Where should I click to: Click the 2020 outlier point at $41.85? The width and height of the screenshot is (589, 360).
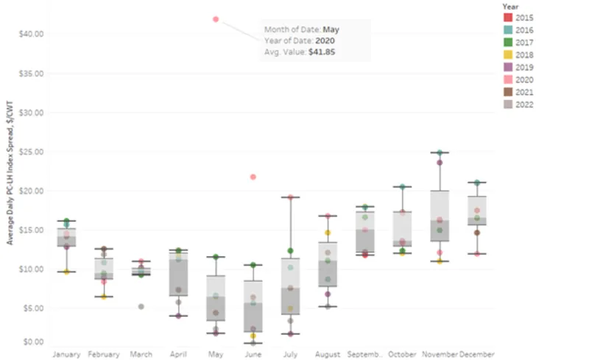(x=216, y=19)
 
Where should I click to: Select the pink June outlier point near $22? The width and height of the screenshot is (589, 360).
(x=253, y=177)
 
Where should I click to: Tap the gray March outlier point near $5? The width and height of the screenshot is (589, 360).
(x=141, y=306)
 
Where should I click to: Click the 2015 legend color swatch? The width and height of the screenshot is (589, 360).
(x=508, y=17)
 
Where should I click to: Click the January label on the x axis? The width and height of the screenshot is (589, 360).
(x=66, y=354)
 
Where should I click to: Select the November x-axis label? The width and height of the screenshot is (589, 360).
(x=440, y=354)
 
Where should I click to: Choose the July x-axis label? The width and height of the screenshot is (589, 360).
(x=290, y=354)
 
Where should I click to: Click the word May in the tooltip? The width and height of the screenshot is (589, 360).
(x=331, y=30)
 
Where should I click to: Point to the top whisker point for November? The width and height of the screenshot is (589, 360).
(x=440, y=153)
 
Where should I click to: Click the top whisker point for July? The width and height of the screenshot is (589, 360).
(x=290, y=197)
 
